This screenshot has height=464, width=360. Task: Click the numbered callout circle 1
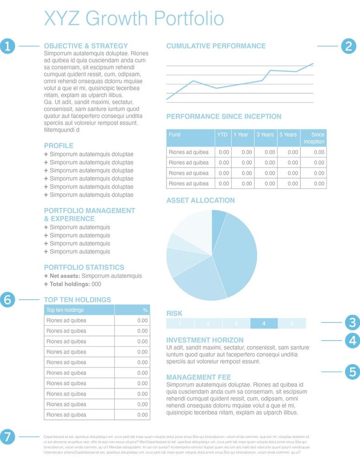[7, 46]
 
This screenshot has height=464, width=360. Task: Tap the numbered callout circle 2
[349, 46]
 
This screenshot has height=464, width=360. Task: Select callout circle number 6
[7, 300]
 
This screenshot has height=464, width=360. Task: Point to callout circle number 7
[7, 437]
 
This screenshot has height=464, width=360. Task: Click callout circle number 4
[353, 341]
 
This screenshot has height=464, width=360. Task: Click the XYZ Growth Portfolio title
[134, 19]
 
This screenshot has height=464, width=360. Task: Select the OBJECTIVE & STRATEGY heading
[86, 46]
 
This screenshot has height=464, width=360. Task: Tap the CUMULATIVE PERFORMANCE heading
[216, 46]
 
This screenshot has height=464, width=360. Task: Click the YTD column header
[222, 135]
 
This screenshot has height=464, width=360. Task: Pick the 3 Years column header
[265, 135]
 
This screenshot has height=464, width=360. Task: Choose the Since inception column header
[315, 138]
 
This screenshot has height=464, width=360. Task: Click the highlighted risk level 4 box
[264, 323]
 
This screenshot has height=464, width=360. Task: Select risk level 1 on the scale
[180, 323]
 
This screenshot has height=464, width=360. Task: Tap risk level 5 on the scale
[292, 323]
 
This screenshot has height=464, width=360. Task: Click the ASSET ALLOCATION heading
[200, 200]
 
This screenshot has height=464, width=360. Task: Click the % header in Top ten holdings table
[145, 310]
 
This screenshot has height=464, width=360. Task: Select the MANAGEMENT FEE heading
[199, 377]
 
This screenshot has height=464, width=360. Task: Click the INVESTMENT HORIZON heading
[205, 340]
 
